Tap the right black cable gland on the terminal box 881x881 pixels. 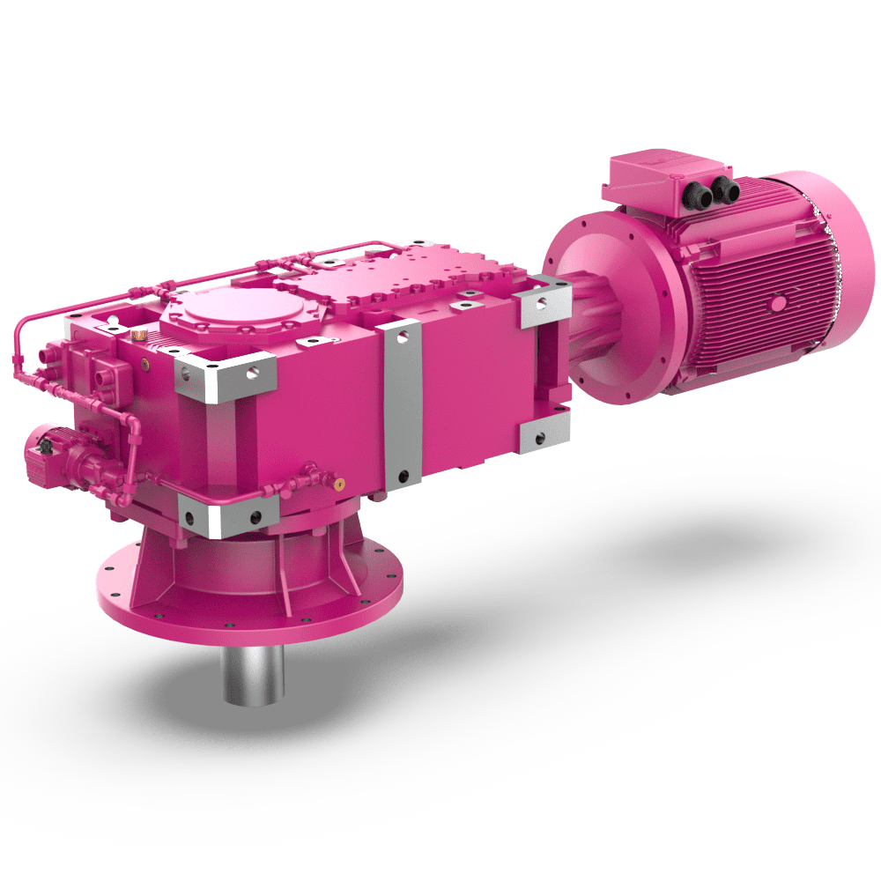tap(725, 189)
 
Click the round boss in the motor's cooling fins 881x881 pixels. tap(778, 302)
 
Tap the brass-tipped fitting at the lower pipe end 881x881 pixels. tap(339, 482)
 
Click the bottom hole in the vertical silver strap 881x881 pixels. tap(403, 476)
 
